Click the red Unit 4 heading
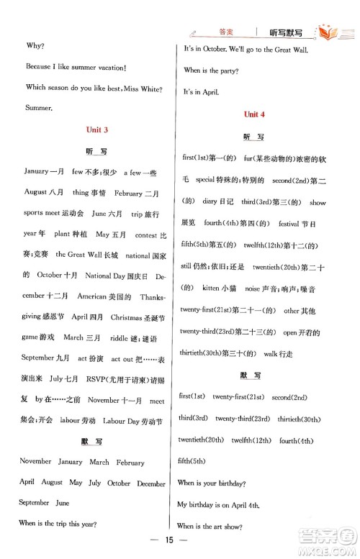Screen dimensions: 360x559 [254, 114]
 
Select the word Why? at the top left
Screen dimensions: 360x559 [35, 45]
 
